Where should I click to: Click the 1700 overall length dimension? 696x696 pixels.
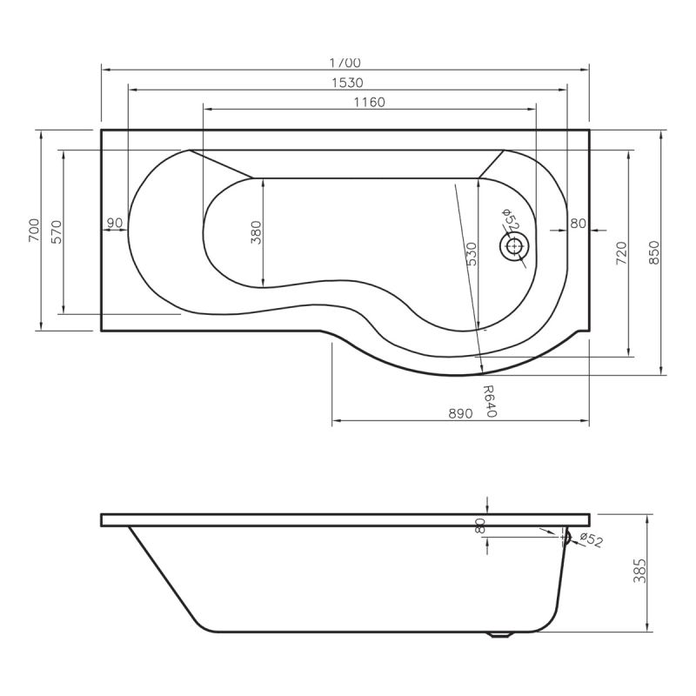click(345, 62)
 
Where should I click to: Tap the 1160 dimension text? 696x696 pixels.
click(369, 102)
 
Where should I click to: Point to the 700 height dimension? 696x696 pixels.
click(33, 229)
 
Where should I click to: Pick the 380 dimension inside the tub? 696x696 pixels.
click(256, 232)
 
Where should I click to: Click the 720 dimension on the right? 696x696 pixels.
click(620, 252)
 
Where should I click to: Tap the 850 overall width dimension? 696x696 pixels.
click(654, 252)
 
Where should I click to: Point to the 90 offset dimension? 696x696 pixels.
click(114, 224)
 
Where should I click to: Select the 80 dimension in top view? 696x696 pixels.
click(578, 224)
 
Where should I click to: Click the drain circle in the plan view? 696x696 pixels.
click(513, 247)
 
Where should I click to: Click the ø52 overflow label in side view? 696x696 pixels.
click(591, 540)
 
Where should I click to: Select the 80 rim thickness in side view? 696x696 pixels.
click(479, 525)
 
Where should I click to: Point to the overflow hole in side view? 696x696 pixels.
click(567, 538)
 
